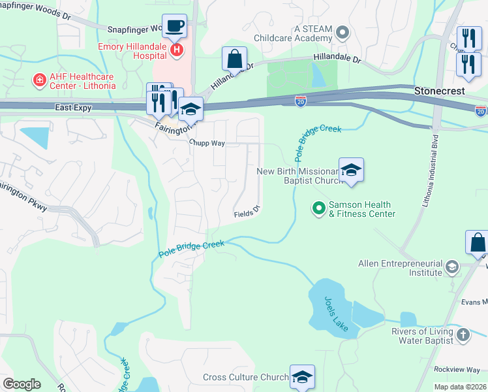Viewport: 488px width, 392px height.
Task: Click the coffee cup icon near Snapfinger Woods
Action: (174, 26)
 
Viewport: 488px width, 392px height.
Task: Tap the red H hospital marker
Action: (175, 49)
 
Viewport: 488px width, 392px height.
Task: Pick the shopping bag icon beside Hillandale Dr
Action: (234, 59)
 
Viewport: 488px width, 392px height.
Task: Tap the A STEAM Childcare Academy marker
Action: (342, 31)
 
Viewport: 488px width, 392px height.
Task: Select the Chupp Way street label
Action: (207, 142)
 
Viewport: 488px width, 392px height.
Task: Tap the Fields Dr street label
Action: (247, 212)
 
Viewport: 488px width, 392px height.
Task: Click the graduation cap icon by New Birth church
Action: (351, 171)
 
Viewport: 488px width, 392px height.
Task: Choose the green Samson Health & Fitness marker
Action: (319, 208)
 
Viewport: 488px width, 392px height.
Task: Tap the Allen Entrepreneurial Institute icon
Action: (451, 267)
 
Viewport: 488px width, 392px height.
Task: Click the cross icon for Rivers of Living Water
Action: (463, 335)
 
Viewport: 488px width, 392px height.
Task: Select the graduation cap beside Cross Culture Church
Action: (302, 377)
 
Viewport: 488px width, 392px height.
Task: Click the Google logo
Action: (22, 384)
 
